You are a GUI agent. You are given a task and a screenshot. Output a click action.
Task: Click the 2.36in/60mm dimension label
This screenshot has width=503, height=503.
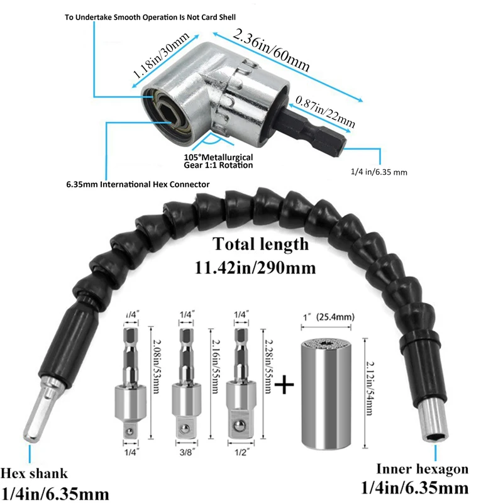coord(271,50)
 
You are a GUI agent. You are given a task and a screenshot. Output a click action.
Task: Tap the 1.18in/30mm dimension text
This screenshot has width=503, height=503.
coord(161,55)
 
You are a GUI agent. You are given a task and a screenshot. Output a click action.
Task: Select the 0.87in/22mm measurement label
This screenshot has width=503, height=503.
coord(325,111)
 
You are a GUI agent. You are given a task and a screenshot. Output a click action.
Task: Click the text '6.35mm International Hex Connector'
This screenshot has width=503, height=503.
coord(138,184)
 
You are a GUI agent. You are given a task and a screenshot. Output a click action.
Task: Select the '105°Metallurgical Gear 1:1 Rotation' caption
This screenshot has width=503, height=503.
coord(218,162)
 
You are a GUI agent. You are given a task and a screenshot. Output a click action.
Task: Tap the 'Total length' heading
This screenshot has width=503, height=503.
coord(260,244)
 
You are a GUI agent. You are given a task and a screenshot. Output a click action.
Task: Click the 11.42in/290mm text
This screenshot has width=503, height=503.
coord(255,268)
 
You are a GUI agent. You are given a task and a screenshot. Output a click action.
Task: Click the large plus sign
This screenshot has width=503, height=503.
coord(284,384)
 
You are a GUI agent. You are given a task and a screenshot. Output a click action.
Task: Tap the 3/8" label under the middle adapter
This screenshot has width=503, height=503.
coord(187,452)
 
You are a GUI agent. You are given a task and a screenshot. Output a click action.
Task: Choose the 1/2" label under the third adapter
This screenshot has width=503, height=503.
coord(241,452)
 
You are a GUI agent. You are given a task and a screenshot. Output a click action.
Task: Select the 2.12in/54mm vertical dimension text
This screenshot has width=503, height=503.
coord(370,388)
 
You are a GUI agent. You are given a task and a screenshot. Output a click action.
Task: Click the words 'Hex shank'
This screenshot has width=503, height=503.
coord(34,473)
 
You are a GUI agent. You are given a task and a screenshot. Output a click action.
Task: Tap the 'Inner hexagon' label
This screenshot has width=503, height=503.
coord(422,469)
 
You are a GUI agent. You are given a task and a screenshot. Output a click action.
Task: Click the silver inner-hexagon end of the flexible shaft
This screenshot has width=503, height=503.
coord(433,421)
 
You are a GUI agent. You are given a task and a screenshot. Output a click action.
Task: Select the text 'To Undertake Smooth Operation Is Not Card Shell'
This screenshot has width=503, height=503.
coord(150,18)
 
